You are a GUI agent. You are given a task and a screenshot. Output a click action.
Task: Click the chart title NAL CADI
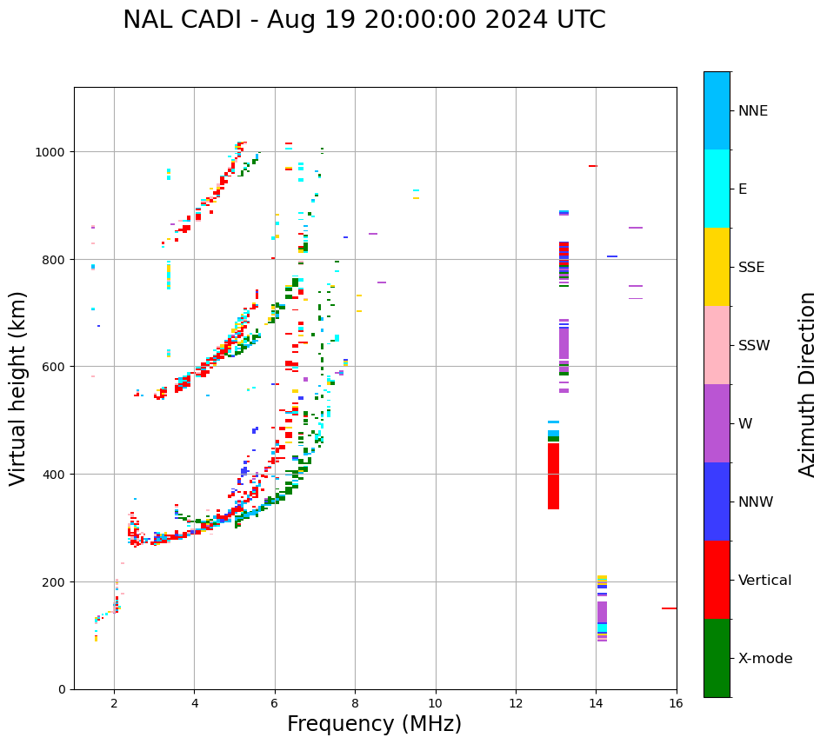pyautogui.click(x=363, y=20)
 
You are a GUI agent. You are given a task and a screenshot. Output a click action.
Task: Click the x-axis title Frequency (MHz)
pyautogui.click(x=374, y=724)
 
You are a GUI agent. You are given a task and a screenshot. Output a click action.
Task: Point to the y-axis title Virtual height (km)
pyautogui.click(x=18, y=388)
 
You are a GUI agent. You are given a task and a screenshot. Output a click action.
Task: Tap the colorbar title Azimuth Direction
pyautogui.click(x=807, y=384)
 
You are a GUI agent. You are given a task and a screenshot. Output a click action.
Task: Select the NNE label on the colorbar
pyautogui.click(x=753, y=111)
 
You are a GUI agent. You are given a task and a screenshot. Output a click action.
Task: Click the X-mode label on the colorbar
pyautogui.click(x=765, y=659)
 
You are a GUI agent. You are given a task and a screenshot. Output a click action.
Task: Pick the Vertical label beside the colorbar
pyautogui.click(x=765, y=581)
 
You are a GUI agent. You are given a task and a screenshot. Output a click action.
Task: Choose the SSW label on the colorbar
pyautogui.click(x=754, y=346)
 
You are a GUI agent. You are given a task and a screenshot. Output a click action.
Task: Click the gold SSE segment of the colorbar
pyautogui.click(x=717, y=267)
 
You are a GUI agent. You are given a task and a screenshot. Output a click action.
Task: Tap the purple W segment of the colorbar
pyautogui.click(x=717, y=423)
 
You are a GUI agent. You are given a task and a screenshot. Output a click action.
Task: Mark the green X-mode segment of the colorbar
pyautogui.click(x=717, y=658)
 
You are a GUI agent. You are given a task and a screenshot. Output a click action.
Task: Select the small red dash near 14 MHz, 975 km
pyautogui.click(x=593, y=166)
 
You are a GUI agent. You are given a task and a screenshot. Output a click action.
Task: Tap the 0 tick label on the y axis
pyautogui.click(x=61, y=689)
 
